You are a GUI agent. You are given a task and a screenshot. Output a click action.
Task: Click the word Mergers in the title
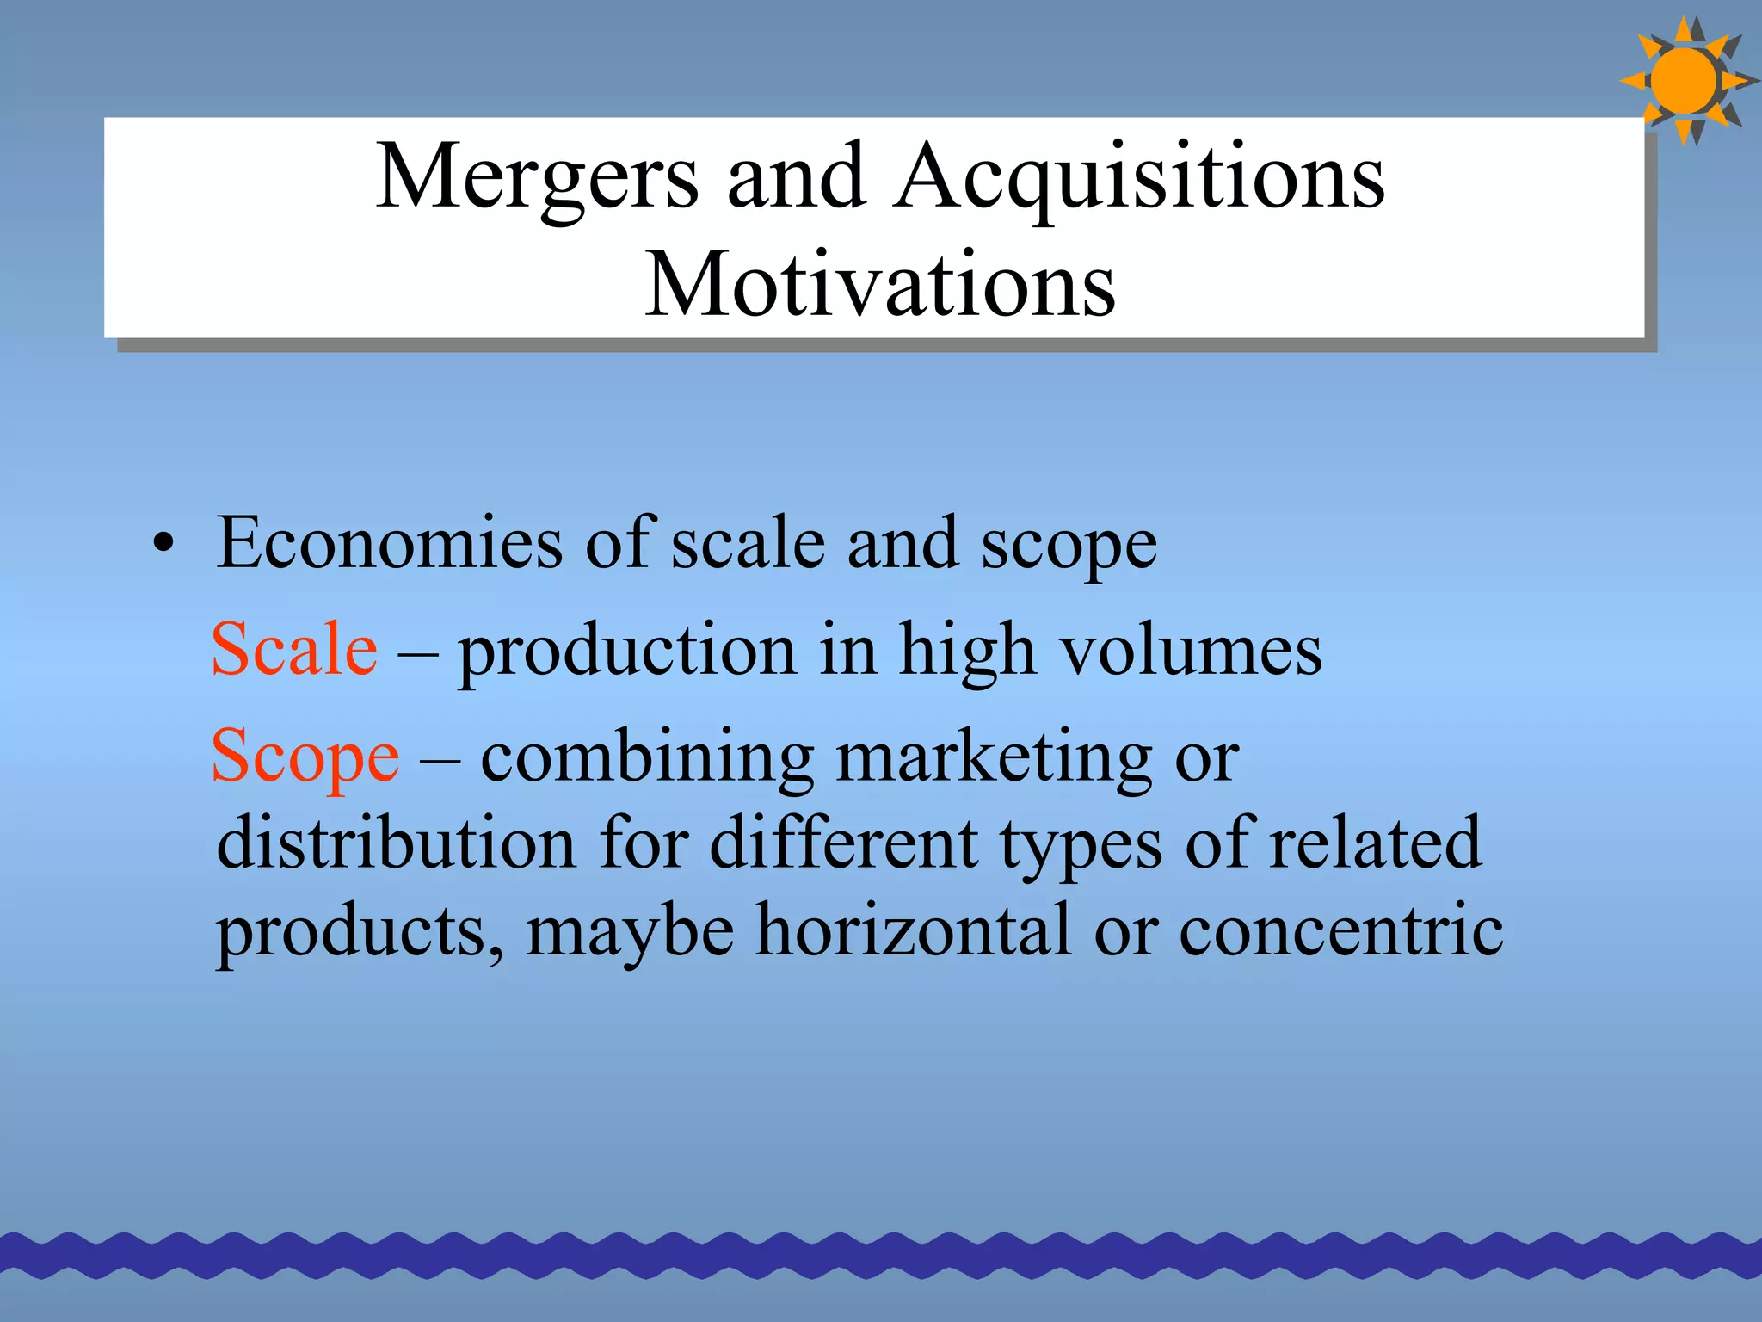[537, 178]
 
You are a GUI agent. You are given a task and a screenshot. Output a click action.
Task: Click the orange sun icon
[1685, 81]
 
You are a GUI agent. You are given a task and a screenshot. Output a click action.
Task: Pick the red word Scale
[294, 649]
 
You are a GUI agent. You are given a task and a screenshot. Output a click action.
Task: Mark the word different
[844, 843]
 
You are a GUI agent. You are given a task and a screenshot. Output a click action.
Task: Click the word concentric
[1341, 931]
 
